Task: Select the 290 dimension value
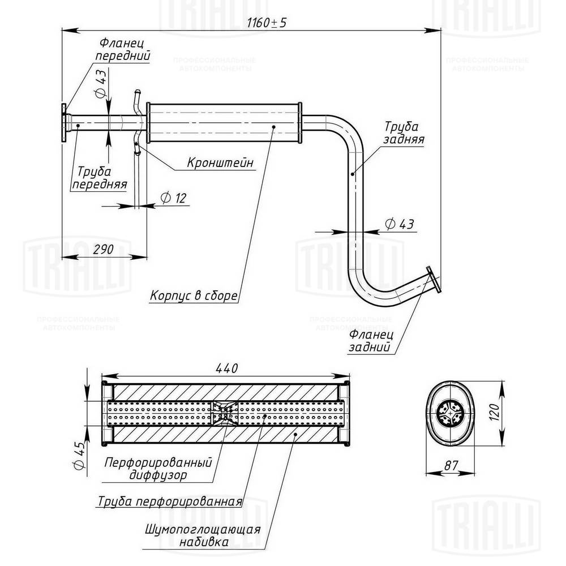click(102, 249)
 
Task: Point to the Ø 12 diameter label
click(173, 198)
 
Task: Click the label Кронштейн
click(220, 163)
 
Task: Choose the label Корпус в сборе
click(193, 295)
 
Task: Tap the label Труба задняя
click(404, 132)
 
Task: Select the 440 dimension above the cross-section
click(226, 367)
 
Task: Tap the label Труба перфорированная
click(170, 501)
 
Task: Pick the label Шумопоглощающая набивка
click(202, 535)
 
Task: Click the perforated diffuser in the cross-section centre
click(225, 413)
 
